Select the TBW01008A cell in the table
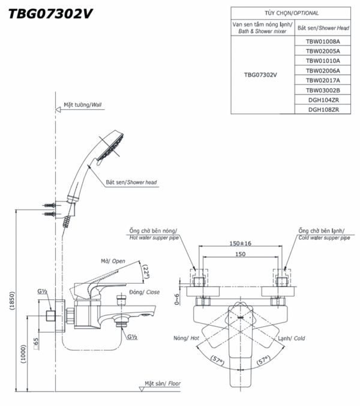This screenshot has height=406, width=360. point(323,42)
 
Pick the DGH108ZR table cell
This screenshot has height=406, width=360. point(323,109)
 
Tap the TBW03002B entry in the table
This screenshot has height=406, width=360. point(323,90)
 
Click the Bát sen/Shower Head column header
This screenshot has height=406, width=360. point(323,28)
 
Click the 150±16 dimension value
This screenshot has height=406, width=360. point(240,243)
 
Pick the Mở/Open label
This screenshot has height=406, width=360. point(113,261)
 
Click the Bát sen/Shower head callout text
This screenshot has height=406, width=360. point(131,182)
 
